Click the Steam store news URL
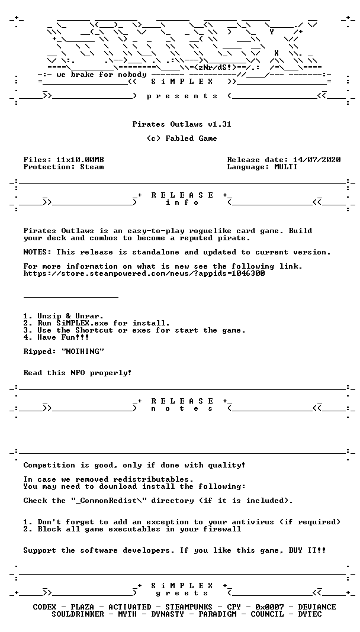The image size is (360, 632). [x=144, y=273]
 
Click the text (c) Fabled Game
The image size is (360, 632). [x=180, y=138]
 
